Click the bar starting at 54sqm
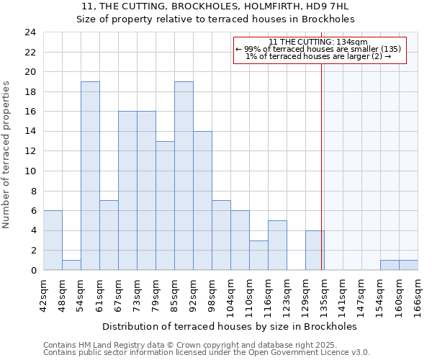pos(90,176)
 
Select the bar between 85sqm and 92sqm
pos(184,176)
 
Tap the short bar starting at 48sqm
pos(71,265)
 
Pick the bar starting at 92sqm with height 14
pos(202,201)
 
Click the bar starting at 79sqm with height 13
pos(165,206)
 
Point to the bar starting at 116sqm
pos(277,246)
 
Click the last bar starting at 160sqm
pos(408,265)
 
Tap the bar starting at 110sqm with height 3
pos(258,256)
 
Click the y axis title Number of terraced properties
pos(7,154)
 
